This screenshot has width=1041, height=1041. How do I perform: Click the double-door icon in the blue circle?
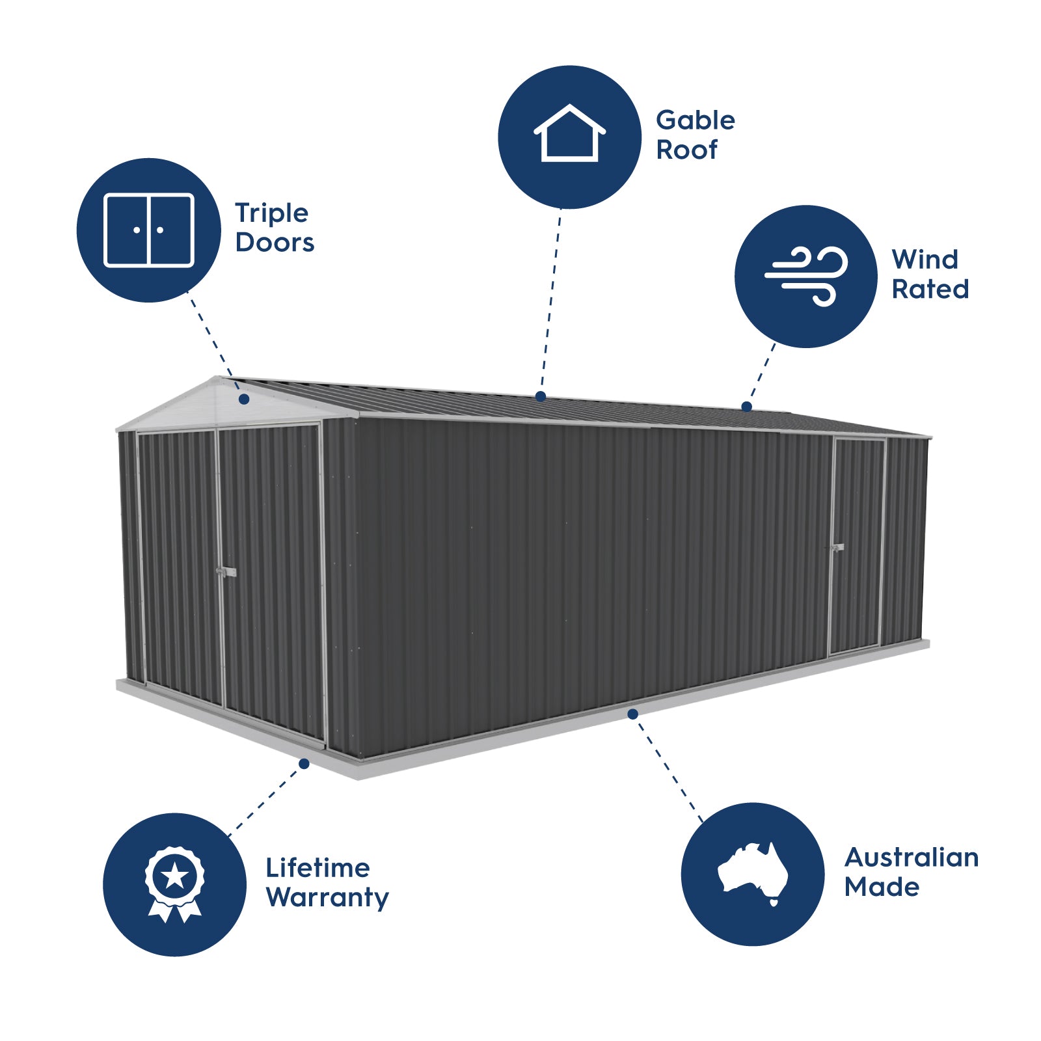(x=149, y=230)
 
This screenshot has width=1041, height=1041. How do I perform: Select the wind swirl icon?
(x=807, y=276)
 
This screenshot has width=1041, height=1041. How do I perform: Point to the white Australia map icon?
(x=753, y=872)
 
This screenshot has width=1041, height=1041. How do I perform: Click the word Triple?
(x=271, y=213)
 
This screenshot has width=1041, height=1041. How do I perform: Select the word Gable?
(x=695, y=120)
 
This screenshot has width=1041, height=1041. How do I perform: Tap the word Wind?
(x=925, y=260)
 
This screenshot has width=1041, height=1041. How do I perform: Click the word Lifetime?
(x=318, y=868)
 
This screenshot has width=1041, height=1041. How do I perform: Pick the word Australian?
(x=911, y=858)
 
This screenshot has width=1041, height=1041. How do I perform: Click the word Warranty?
(x=327, y=898)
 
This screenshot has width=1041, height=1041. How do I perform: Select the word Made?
(x=882, y=887)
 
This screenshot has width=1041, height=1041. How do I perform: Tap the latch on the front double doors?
(x=226, y=572)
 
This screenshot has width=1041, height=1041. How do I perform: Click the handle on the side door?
(x=837, y=548)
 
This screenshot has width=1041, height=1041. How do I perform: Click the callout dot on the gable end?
(x=244, y=399)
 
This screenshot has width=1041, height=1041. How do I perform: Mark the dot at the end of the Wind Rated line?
(x=747, y=407)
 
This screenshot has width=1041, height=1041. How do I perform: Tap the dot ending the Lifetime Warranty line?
(x=304, y=763)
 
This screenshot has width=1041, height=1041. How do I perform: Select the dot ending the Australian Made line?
(x=632, y=714)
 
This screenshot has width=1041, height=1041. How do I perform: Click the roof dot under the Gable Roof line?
(x=541, y=396)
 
